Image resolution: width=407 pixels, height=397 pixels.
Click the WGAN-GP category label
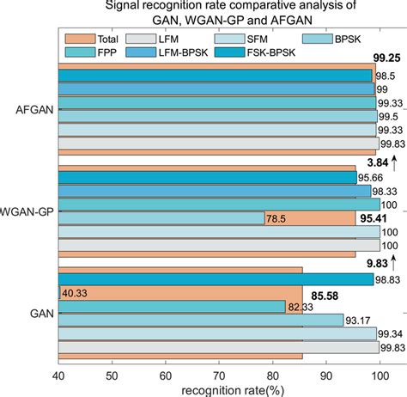pyautogui.click(x=27, y=210)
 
